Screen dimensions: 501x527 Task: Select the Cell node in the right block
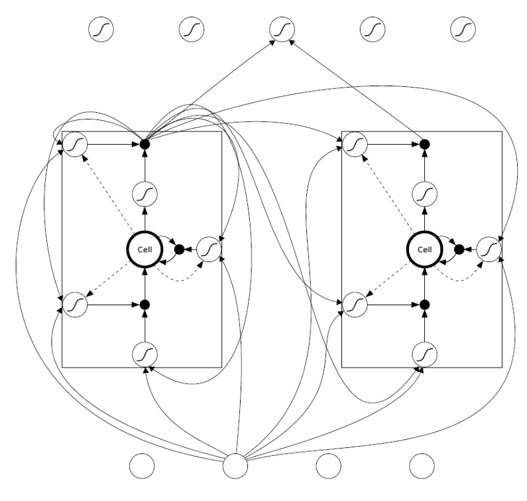pyautogui.click(x=424, y=249)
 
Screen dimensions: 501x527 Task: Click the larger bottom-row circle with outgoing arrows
pyautogui.click(x=235, y=465)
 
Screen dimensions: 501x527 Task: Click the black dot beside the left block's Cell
pyautogui.click(x=178, y=249)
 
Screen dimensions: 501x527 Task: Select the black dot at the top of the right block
pyautogui.click(x=424, y=143)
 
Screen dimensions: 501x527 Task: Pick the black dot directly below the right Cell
pyautogui.click(x=424, y=305)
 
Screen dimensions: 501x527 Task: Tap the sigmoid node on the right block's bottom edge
pyautogui.click(x=424, y=352)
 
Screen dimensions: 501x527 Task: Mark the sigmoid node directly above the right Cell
pyautogui.click(x=424, y=194)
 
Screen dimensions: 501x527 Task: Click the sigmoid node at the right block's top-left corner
pyautogui.click(x=355, y=143)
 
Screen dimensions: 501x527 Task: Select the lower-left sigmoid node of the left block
pyautogui.click(x=74, y=305)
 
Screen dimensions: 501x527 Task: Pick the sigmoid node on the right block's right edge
pyautogui.click(x=488, y=249)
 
